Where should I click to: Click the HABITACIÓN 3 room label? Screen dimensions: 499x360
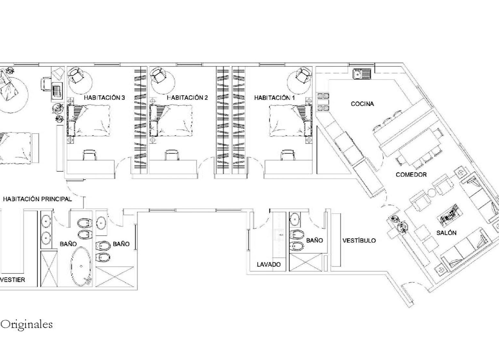point(104,98)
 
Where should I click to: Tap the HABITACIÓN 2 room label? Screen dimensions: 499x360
point(187,98)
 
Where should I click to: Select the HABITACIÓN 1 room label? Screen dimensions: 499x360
point(274,98)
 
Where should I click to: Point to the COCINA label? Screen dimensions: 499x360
point(362,104)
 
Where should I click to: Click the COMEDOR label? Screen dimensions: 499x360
point(411,174)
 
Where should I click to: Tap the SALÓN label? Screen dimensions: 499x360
point(446,233)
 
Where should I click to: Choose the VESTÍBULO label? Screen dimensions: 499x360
point(359,240)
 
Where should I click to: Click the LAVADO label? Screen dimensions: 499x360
point(269,265)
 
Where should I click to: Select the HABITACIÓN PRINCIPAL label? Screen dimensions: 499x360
point(37,199)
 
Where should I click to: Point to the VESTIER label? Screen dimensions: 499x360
point(12,280)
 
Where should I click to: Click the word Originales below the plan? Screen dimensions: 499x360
point(26,324)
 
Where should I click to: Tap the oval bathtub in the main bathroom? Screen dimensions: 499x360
point(81,267)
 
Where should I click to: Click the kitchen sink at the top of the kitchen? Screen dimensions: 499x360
point(362,74)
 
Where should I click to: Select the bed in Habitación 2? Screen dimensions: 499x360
point(171,120)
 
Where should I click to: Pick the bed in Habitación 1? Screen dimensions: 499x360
point(290,120)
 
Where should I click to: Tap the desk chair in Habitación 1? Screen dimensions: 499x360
point(288,155)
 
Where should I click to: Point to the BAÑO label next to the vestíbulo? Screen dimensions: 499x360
point(314,240)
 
